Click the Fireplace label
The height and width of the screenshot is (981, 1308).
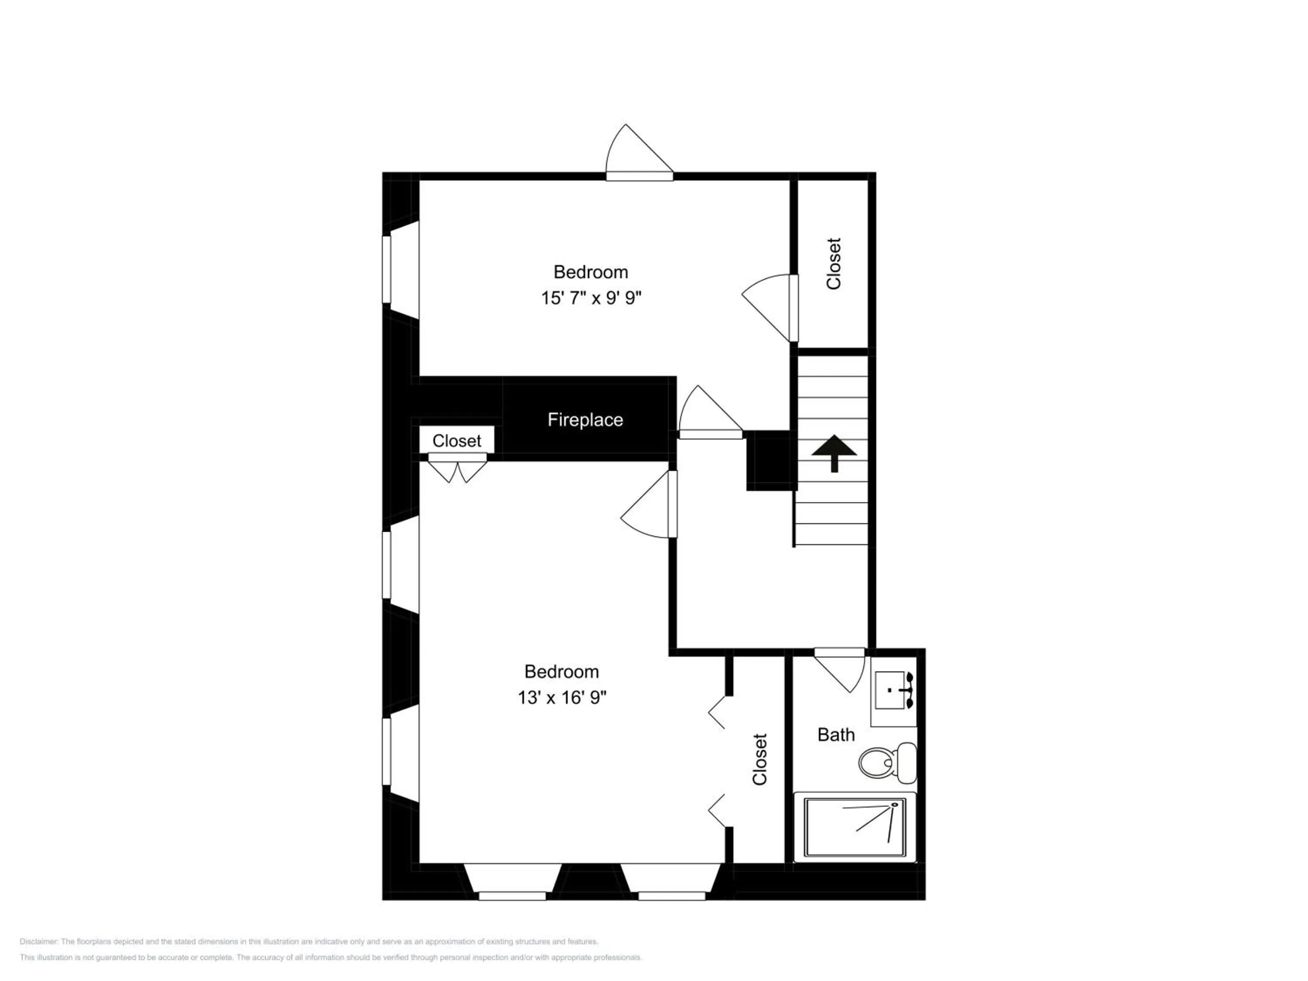[x=585, y=420]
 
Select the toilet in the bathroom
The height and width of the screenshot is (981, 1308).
[x=887, y=762]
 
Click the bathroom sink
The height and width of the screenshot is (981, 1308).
[x=893, y=690]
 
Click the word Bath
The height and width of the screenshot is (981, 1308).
[x=835, y=735]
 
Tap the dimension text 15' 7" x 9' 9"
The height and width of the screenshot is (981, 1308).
[x=591, y=297]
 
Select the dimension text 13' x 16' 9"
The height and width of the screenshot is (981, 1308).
[x=562, y=698]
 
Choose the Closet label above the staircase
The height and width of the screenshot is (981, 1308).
[x=833, y=264]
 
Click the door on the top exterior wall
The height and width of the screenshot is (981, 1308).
[x=639, y=153]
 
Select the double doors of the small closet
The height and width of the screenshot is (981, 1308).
[x=457, y=467]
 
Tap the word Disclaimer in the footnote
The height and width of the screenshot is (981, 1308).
[x=38, y=941]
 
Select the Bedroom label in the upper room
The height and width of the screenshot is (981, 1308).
[x=591, y=272]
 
